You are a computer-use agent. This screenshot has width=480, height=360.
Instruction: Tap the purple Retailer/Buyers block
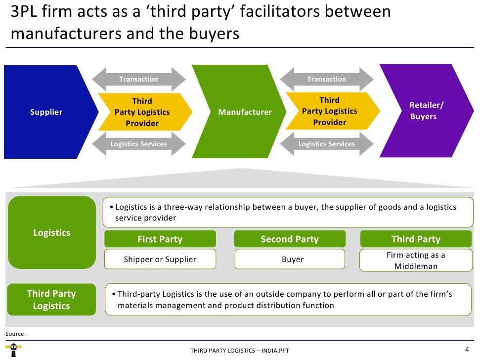tap(420, 111)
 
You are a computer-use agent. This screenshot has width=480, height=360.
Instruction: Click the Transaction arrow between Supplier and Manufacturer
tap(139, 79)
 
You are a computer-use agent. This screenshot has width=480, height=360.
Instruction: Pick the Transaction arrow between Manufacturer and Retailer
tap(327, 79)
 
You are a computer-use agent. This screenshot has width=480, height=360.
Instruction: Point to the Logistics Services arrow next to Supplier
tap(139, 144)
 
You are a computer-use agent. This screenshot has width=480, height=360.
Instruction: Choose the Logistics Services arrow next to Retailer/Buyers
tap(327, 144)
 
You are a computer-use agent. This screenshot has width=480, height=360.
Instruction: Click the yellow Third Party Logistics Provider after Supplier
tap(142, 112)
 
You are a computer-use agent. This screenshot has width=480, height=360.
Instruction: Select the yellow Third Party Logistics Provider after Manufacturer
tap(330, 111)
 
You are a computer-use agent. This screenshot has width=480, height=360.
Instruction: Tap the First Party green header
tap(160, 239)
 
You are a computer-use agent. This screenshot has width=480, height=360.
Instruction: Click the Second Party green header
tap(290, 239)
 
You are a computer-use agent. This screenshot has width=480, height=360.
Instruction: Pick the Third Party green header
tap(416, 239)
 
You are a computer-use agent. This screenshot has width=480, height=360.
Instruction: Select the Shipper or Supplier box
tap(160, 259)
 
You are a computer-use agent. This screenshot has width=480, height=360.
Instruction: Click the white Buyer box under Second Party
tap(290, 259)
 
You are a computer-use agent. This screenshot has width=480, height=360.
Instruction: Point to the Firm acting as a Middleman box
tap(416, 261)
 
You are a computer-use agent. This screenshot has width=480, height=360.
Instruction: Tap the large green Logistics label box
tap(52, 232)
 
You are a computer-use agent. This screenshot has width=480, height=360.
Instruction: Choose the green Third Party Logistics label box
tap(51, 300)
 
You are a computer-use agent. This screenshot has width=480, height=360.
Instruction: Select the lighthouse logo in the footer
tap(16, 351)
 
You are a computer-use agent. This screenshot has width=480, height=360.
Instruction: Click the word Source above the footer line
tap(15, 334)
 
